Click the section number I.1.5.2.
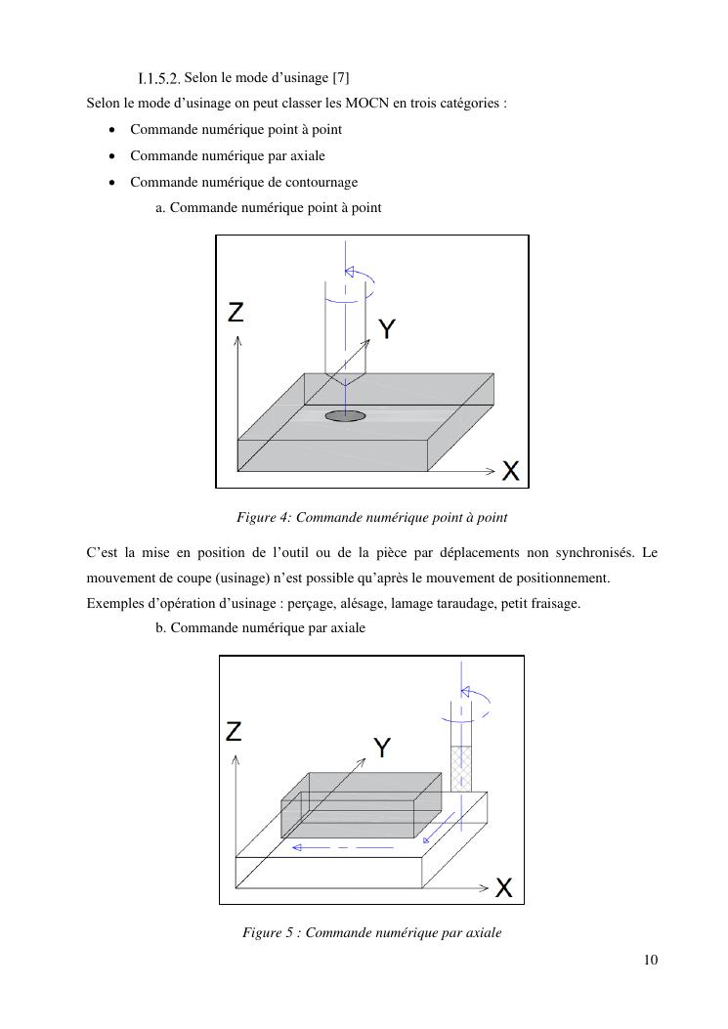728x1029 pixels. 159,77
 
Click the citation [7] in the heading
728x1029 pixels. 341,77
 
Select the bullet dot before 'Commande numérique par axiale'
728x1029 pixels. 113,155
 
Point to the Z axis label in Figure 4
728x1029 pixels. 236,313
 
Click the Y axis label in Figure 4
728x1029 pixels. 387,329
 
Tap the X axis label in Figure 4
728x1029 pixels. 511,471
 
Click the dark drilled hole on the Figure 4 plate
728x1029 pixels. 345,415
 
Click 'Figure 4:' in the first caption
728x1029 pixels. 265,517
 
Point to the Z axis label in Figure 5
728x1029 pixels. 234,732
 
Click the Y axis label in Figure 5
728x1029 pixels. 382,749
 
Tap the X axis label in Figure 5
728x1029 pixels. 503,888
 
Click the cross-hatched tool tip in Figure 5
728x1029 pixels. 460,768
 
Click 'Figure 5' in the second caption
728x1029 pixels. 269,933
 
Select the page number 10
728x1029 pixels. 651,960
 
